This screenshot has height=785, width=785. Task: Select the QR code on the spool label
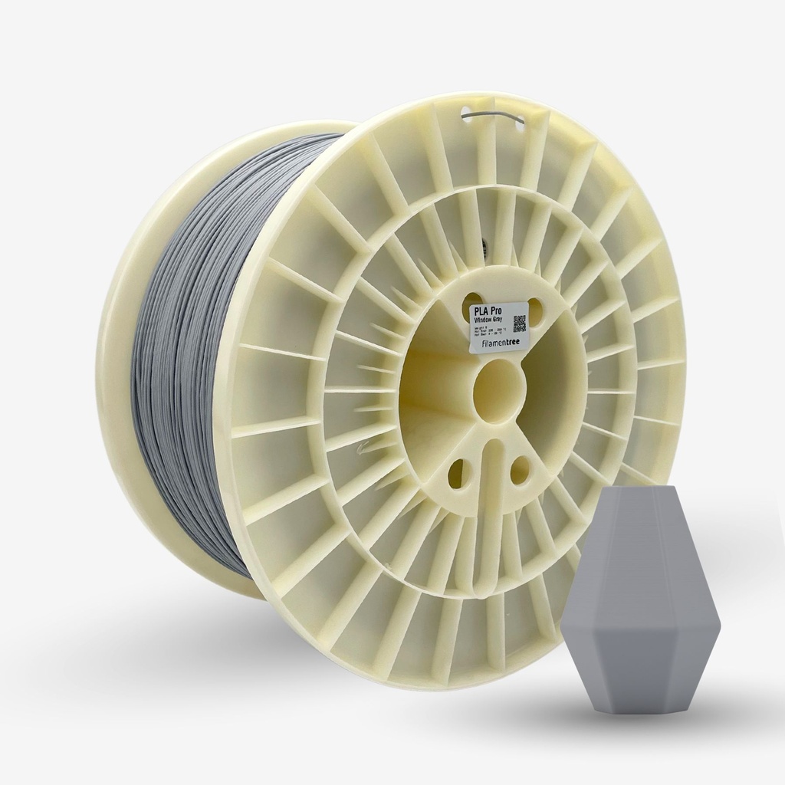click(x=518, y=323)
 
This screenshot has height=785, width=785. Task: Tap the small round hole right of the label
click(x=535, y=310)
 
